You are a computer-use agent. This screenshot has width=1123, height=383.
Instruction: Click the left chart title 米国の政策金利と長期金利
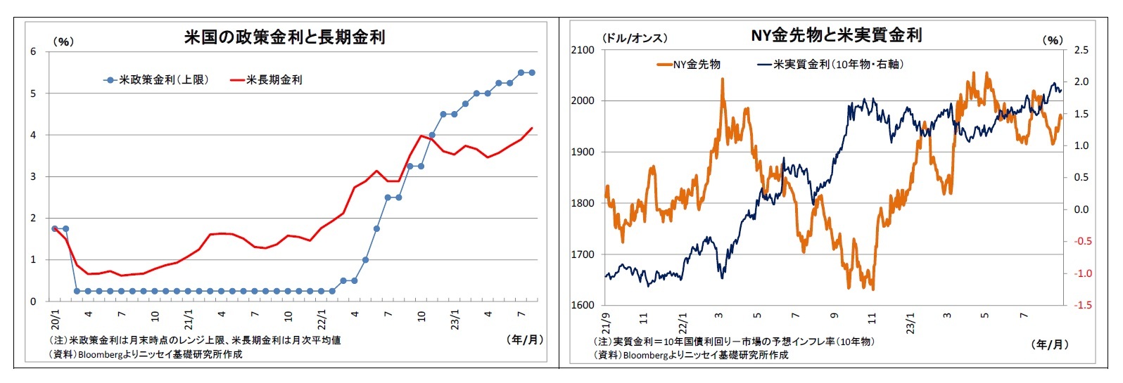coord(284,37)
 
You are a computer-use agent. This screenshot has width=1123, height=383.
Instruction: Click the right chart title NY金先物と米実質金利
coord(836,35)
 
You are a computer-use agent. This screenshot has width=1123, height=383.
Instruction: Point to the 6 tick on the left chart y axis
coord(33,51)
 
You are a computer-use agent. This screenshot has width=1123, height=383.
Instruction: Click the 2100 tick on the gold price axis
coord(583,50)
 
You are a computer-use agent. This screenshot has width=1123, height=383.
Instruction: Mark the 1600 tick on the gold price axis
coord(583,305)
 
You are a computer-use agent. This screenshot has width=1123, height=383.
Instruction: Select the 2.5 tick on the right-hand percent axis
coord(1081,50)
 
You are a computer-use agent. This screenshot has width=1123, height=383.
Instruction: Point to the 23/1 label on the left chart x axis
coord(455,320)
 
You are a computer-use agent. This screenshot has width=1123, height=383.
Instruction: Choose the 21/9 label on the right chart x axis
coord(607,323)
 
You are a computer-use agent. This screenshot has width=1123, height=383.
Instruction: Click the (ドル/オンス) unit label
coord(634,38)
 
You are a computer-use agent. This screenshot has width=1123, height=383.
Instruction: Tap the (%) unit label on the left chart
coord(63,41)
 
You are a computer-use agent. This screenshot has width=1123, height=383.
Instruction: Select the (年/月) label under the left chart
coord(525,339)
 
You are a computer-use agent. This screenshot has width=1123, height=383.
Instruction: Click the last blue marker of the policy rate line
coord(532,72)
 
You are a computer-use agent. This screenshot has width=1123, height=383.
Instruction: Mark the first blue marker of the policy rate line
coord(55,228)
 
